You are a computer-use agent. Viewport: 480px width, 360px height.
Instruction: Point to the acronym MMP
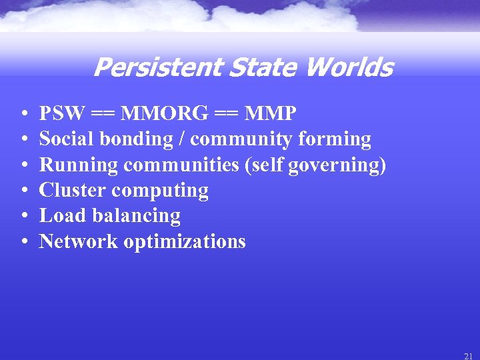[271, 114]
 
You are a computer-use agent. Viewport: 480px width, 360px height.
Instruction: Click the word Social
[65, 139]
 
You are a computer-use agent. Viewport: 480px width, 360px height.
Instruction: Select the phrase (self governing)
[315, 165]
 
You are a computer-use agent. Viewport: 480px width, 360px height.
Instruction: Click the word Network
[77, 241]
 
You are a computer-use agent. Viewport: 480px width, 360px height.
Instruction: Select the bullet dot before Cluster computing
[23, 191]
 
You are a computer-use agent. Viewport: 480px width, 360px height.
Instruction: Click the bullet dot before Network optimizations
[23, 242]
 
